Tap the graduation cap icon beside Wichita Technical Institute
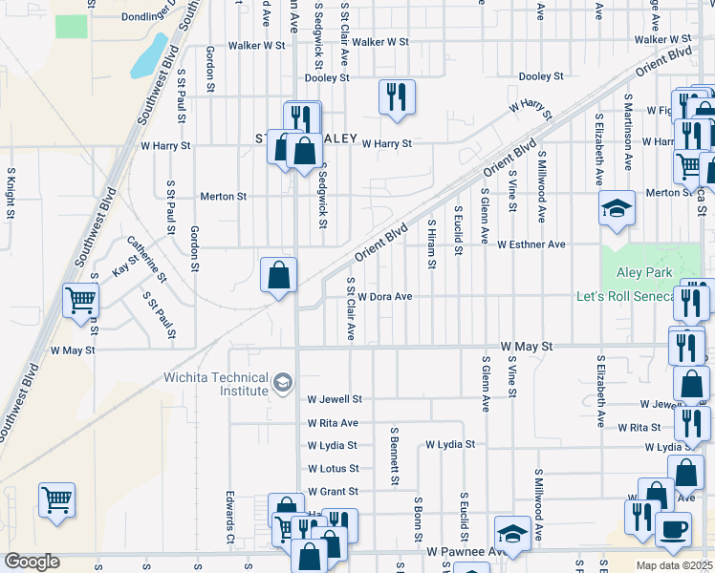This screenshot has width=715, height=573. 282,384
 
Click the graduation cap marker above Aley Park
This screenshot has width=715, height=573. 617,207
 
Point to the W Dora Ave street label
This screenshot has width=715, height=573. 384,296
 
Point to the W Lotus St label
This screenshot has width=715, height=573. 333,469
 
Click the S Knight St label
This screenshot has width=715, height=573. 11,194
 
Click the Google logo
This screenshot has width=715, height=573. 32,561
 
